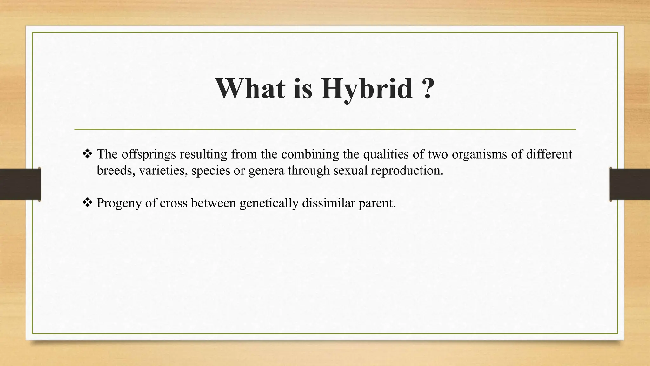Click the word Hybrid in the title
pos(367,89)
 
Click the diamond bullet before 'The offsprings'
pos(87,154)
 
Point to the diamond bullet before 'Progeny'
pos(87,203)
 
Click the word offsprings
pos(149,155)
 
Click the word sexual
pos(350,171)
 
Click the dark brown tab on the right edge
pos(630,184)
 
